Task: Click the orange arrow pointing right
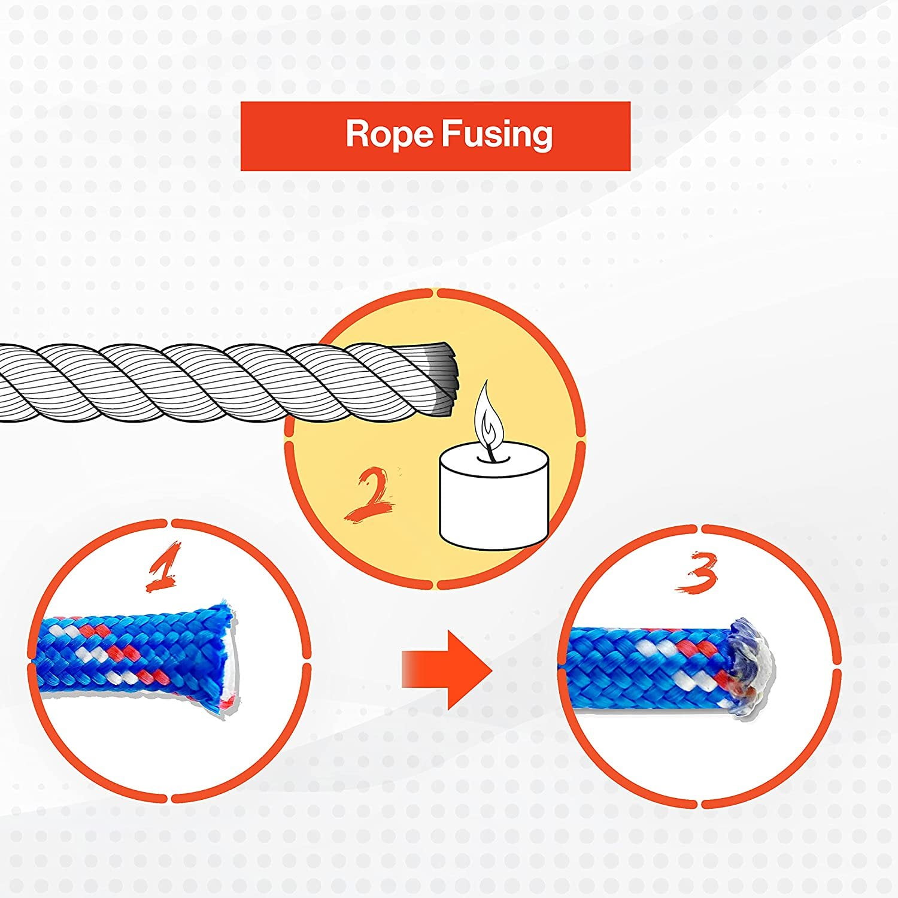[x=446, y=670]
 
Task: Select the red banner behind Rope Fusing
[x=435, y=136]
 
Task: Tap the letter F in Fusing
[x=451, y=134]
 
